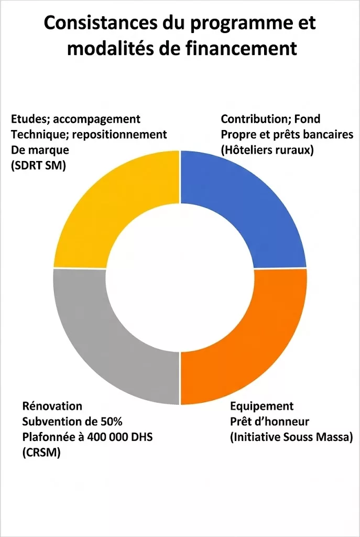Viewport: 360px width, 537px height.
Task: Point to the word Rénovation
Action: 52,406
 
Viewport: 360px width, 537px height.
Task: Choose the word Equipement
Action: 262,406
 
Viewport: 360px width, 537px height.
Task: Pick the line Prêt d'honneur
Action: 269,422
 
